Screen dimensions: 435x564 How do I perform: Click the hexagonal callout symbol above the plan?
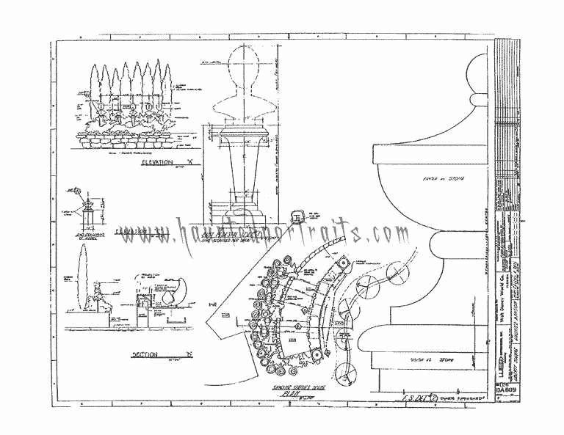(x=299, y=216)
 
